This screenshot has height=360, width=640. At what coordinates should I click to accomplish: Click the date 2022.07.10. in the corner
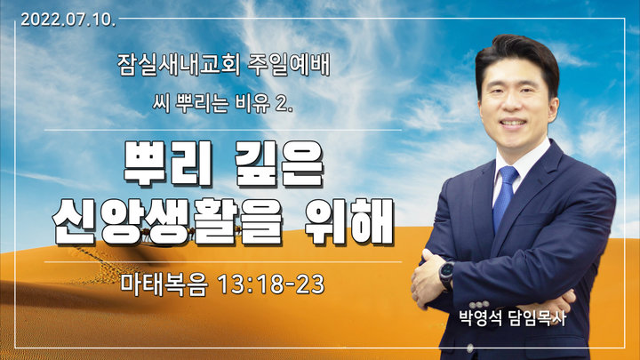[68, 20]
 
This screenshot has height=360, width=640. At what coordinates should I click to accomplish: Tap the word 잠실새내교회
[179, 65]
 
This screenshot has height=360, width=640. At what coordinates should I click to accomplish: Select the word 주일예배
[289, 65]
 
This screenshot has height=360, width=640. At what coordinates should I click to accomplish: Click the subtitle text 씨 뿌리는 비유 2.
[223, 102]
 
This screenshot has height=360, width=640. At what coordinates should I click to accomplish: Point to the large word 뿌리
[168, 164]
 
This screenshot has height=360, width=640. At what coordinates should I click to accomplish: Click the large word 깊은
[280, 164]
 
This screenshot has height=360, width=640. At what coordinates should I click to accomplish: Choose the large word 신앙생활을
[168, 221]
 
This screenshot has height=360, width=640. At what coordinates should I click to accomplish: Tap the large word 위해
[349, 221]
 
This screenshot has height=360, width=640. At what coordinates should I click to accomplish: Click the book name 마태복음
[164, 284]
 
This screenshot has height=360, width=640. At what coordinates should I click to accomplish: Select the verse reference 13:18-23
[271, 284]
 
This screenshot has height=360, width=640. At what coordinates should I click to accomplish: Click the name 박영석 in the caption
[480, 318]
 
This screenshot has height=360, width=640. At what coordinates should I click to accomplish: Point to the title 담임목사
[538, 318]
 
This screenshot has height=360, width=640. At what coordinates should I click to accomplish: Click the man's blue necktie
[505, 197]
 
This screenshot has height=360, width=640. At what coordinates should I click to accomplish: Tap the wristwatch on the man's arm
[447, 275]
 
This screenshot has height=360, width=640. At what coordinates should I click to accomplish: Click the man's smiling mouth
[513, 123]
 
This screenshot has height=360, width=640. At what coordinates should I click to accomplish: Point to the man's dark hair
[517, 57]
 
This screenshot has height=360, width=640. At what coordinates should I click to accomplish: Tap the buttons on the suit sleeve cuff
[479, 304]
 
